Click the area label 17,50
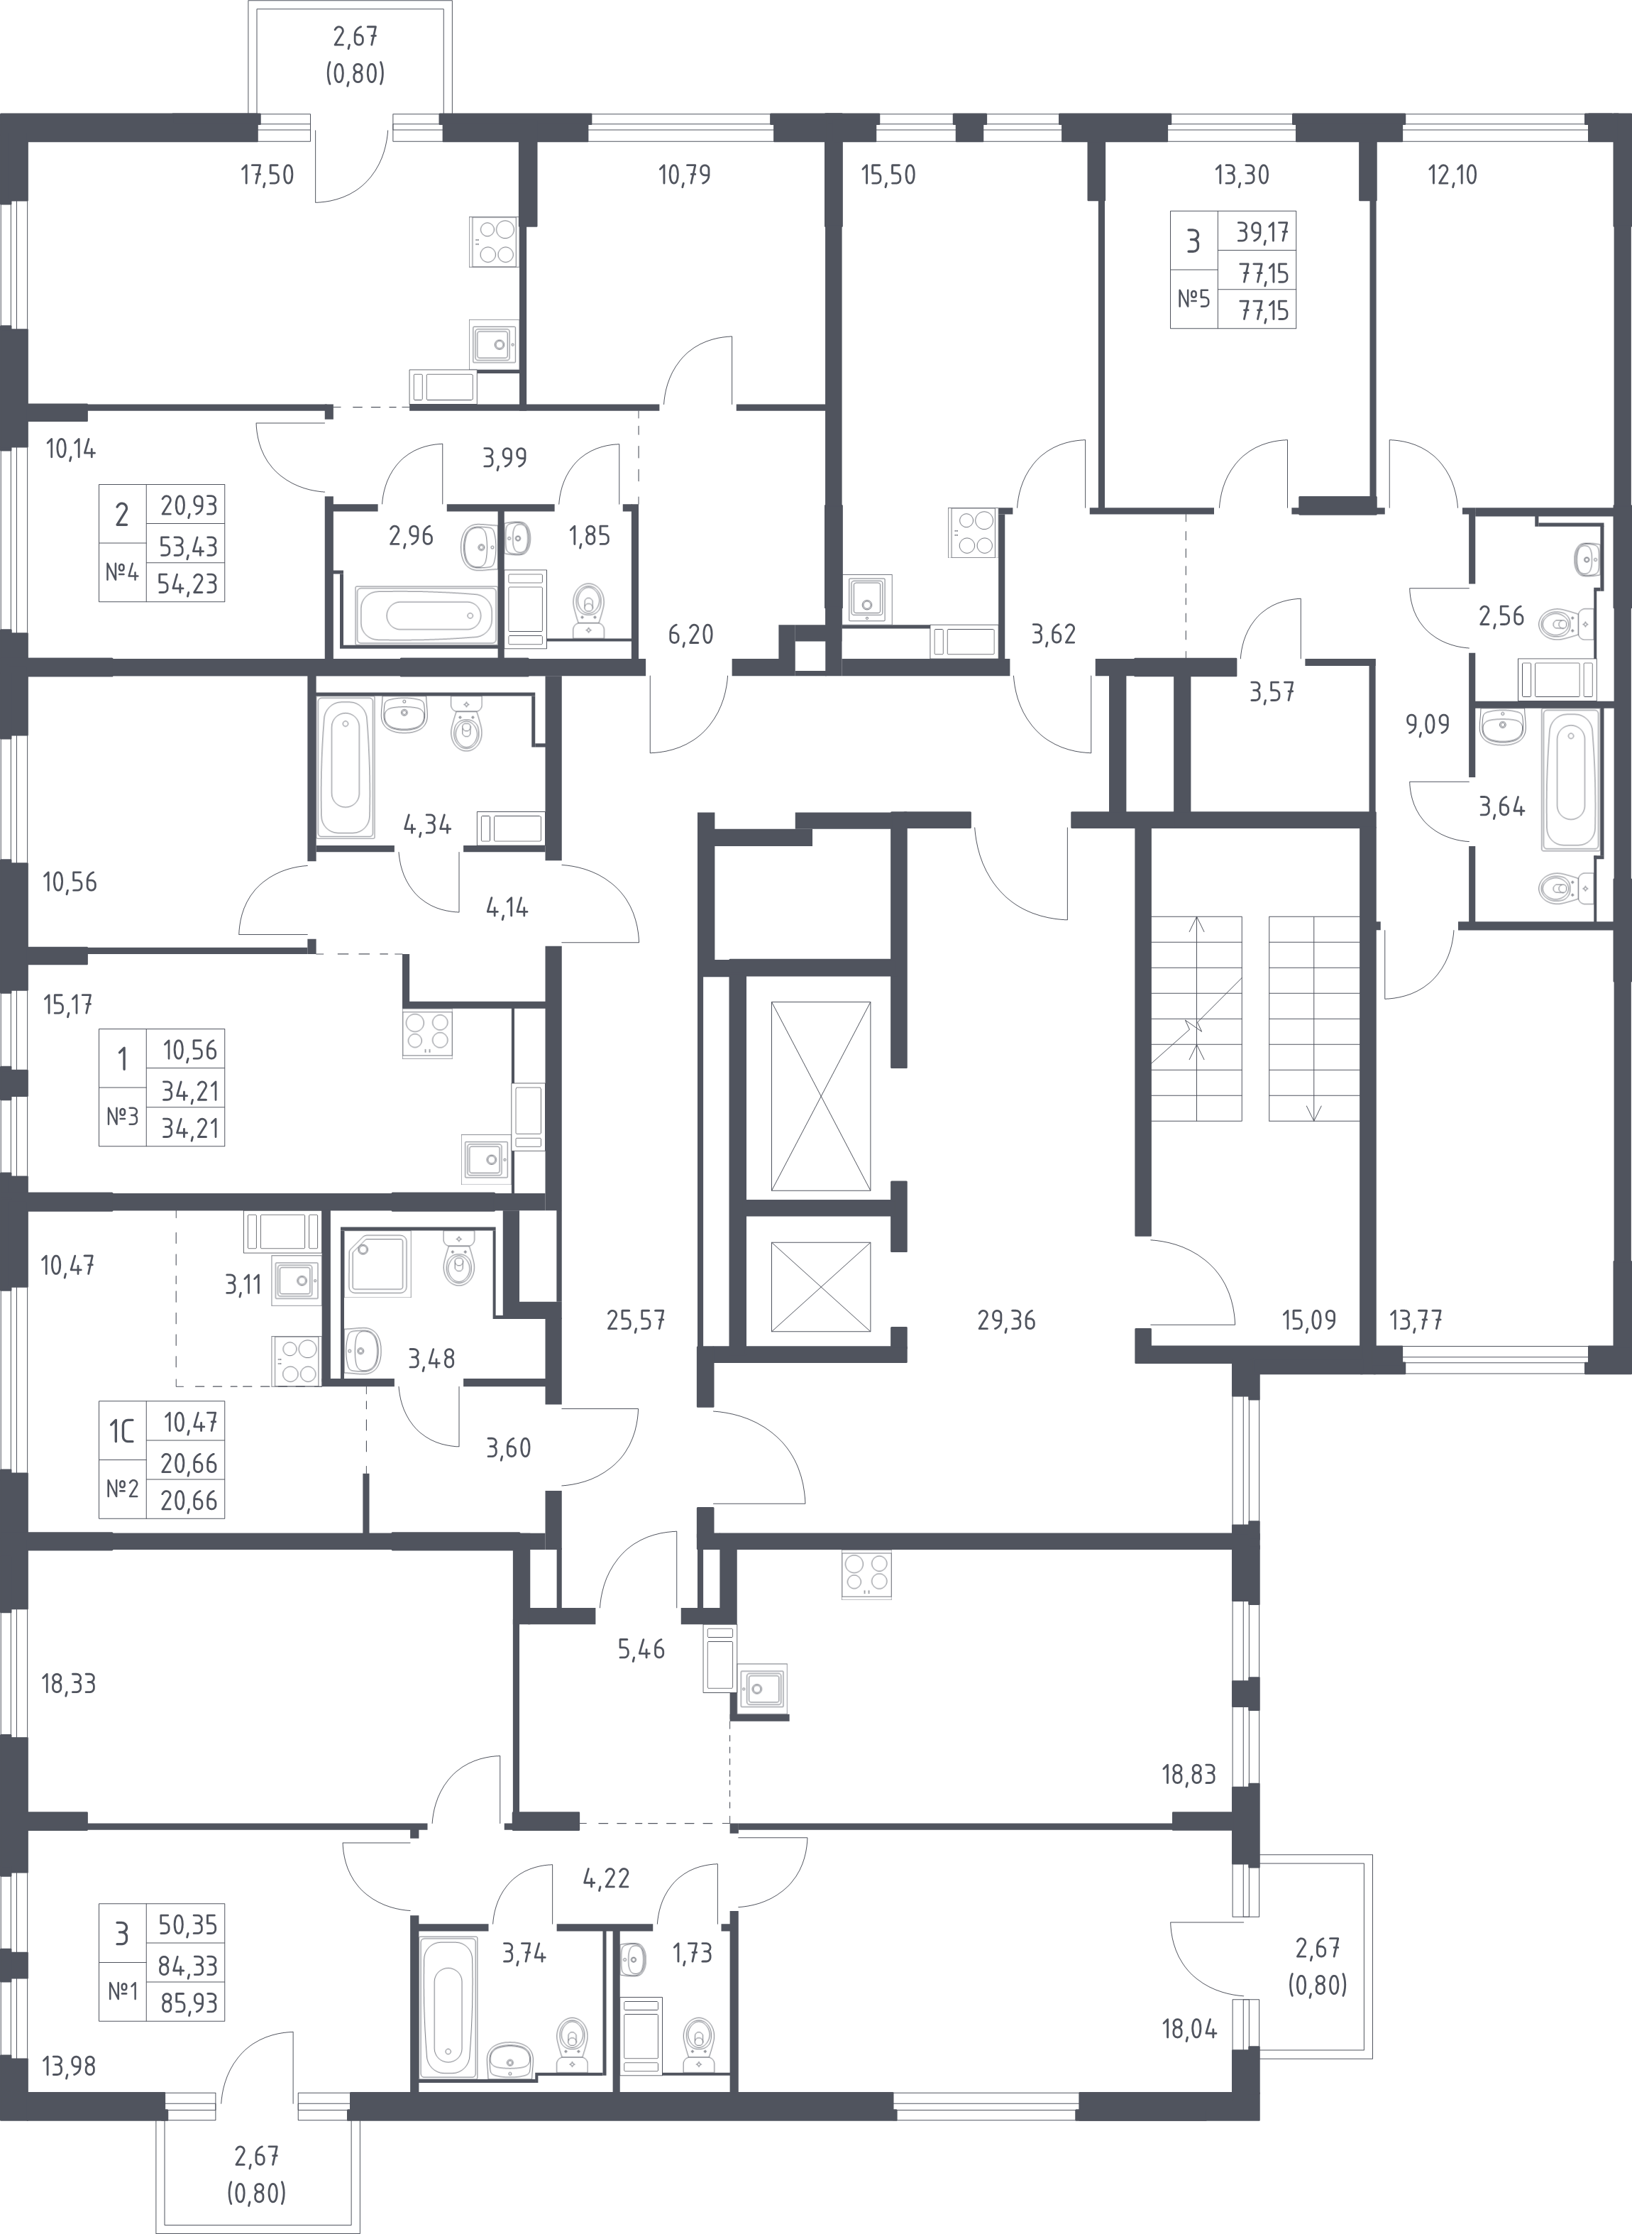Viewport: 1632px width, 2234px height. (268, 175)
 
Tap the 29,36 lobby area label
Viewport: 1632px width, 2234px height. (1007, 1320)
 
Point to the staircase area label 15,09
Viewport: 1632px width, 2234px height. (1309, 1320)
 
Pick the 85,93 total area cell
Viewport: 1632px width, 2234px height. (188, 2002)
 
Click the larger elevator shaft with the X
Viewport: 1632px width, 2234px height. (821, 1097)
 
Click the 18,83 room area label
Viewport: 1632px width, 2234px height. (1189, 1775)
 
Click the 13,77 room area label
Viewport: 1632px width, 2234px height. (1416, 1320)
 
